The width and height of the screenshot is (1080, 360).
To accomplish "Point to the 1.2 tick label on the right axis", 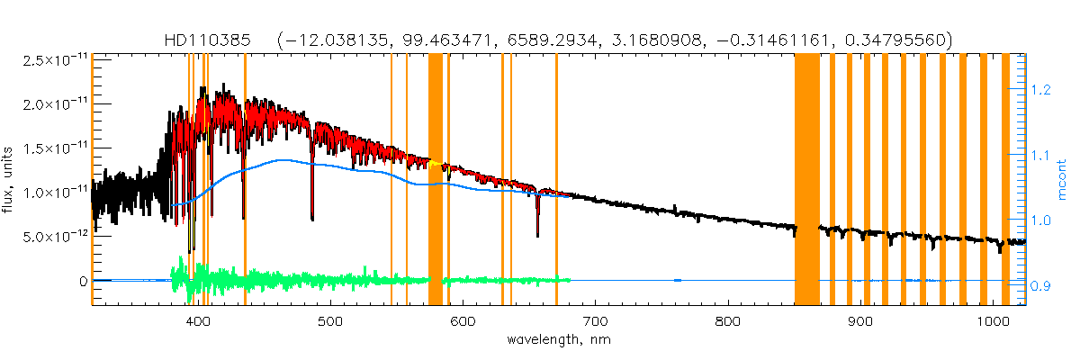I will [1040, 90].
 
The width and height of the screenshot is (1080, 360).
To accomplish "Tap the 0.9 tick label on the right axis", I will [1040, 287].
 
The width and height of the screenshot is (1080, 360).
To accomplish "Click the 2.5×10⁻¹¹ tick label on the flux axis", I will [52, 60].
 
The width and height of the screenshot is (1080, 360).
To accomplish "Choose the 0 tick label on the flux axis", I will [83, 281].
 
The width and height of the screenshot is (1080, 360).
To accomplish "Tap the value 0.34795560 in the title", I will [886, 40].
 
